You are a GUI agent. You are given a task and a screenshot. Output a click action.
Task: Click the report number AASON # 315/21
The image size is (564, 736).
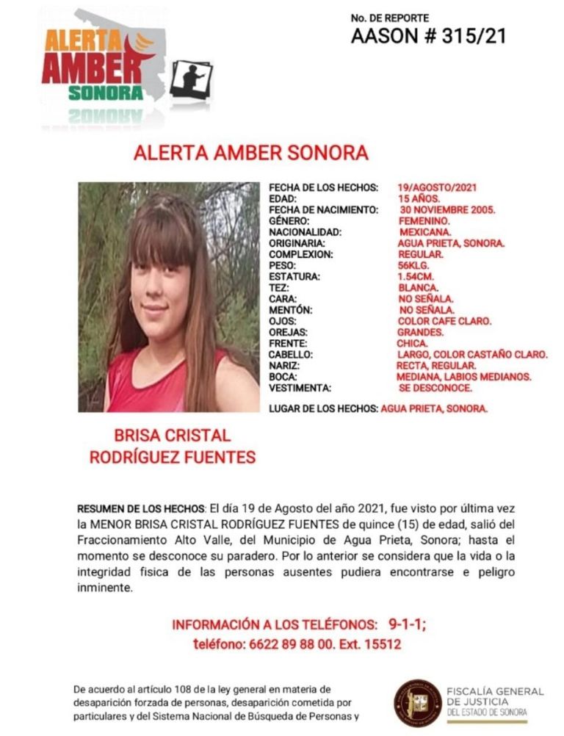coord(428,36)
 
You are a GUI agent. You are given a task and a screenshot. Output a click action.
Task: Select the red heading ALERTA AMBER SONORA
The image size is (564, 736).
coord(250,154)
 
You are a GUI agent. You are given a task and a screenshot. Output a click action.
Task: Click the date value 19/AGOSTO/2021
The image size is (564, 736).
coord(436,188)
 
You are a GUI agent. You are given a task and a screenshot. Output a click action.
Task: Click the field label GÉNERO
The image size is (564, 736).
coord(289,221)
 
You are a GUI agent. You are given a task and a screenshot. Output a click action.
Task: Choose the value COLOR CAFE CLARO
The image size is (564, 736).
coord(444,322)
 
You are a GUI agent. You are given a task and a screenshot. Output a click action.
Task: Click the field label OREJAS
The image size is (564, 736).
coord(288,333)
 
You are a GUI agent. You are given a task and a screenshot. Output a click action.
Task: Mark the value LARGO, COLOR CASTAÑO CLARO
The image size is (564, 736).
coord(471,355)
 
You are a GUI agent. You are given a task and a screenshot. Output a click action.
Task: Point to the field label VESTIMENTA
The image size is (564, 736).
coord(300,389)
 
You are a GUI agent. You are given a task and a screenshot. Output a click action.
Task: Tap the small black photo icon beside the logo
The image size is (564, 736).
coord(191,79)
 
